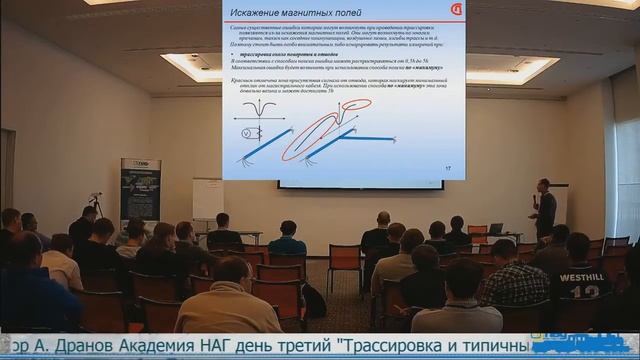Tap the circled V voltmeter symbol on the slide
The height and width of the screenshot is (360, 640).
click(x=240, y=130)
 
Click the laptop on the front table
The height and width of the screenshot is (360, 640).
click(x=495, y=229)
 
